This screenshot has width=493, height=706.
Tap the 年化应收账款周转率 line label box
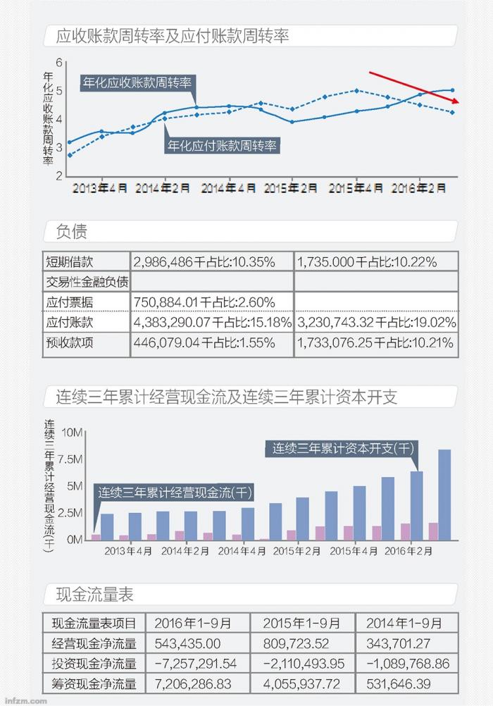(137, 83)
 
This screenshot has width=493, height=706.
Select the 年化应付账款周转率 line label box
(222, 146)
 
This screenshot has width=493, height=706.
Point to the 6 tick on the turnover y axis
(60, 62)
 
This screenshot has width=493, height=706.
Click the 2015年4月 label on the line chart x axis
(356, 188)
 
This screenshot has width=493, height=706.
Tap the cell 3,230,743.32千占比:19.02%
(376, 323)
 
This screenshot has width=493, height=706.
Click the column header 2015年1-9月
(301, 623)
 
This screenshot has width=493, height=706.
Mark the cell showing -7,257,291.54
(196, 664)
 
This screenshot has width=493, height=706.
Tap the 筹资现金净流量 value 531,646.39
(404, 683)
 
